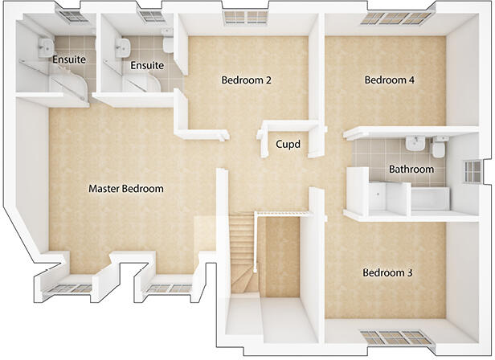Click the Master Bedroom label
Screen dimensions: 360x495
pos(125,189)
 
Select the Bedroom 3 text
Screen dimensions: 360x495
pos(387,273)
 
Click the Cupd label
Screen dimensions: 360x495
pos(288,145)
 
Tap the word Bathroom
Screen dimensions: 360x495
pos(411,170)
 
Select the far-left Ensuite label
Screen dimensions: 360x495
pos(69,59)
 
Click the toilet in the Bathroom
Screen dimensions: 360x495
pos(440,149)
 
